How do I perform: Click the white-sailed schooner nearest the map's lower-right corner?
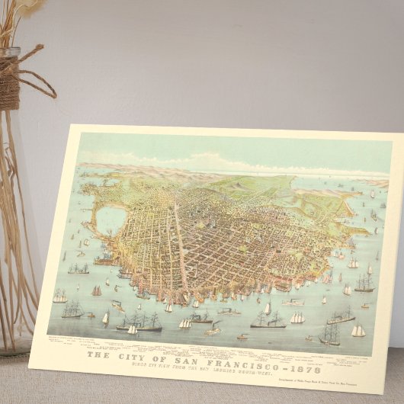point(358,331)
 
